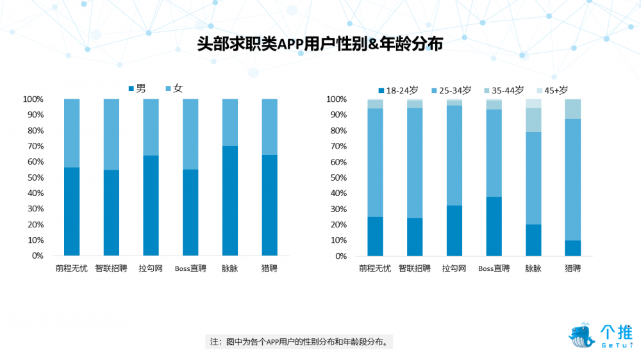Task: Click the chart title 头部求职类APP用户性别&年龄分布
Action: point(320,44)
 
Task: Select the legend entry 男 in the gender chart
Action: point(137,88)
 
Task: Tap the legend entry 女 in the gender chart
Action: point(174,88)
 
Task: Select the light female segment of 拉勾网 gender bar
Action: point(151,127)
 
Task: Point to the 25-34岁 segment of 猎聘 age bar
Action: point(572,179)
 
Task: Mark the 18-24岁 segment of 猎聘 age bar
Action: point(572,248)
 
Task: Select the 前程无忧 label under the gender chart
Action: point(71,268)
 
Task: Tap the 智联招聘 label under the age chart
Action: point(414,268)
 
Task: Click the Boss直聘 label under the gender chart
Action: point(190,268)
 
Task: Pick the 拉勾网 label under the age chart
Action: point(454,268)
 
